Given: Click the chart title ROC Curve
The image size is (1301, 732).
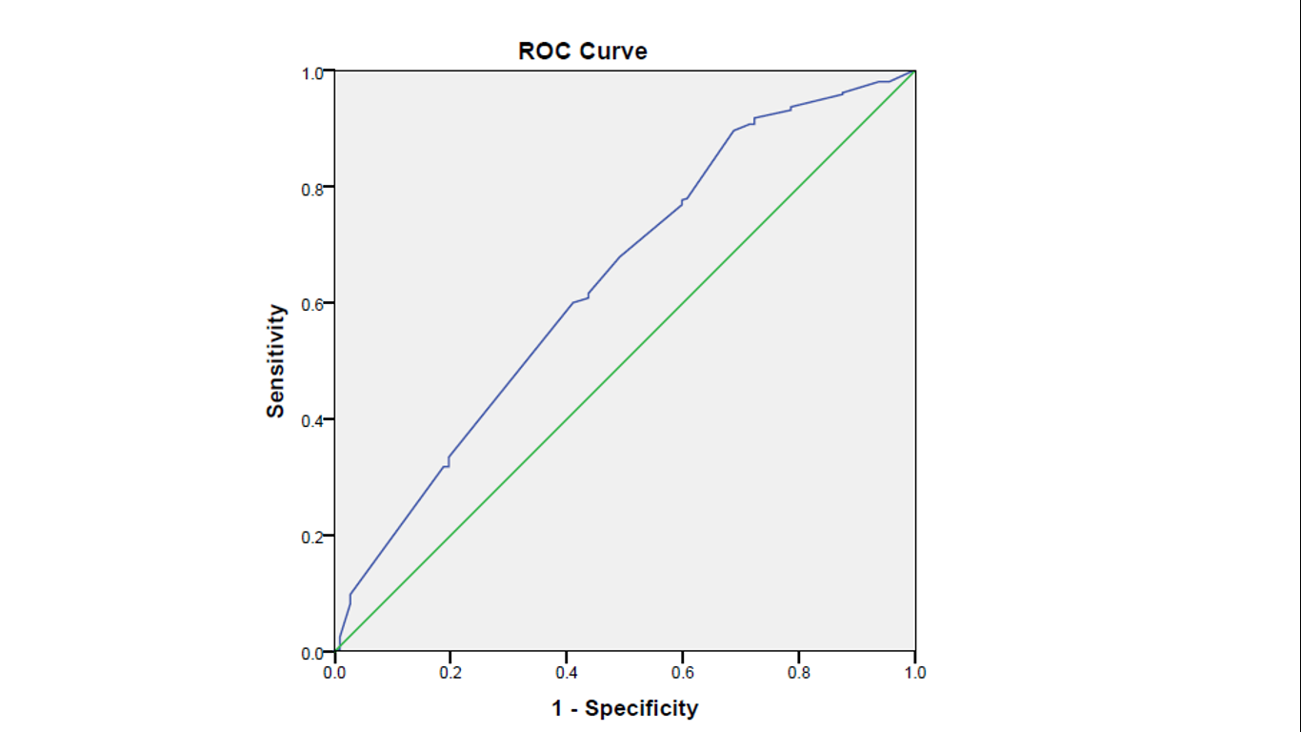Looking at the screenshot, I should click(582, 51).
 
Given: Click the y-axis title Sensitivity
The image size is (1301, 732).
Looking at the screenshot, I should click(275, 360).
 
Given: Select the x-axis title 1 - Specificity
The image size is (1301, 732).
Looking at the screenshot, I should click(625, 708).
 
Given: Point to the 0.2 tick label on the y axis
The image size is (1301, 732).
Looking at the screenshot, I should click(312, 537).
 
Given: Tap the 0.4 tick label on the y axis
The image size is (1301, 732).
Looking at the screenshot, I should click(312, 420).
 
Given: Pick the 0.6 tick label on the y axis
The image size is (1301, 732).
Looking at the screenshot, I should click(312, 304).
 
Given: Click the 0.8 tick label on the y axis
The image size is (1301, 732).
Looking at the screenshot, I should click(312, 188).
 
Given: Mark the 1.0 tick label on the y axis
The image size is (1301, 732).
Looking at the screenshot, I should click(312, 72).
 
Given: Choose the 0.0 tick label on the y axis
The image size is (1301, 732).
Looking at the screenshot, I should click(312, 653).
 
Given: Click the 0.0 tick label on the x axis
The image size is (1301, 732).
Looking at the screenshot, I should click(334, 673).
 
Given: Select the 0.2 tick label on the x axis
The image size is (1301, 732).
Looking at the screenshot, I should click(450, 673).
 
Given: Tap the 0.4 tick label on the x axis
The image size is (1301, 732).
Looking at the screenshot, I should click(567, 673).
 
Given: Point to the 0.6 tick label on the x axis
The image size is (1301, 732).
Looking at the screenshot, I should click(683, 673).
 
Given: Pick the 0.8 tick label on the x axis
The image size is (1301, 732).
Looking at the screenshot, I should click(799, 673).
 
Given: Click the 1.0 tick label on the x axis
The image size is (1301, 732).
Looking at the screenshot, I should click(914, 673).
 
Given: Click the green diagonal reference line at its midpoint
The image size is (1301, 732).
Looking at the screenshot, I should click(625, 361).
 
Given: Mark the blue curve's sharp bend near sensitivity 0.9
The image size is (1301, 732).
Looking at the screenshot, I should click(733, 131).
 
